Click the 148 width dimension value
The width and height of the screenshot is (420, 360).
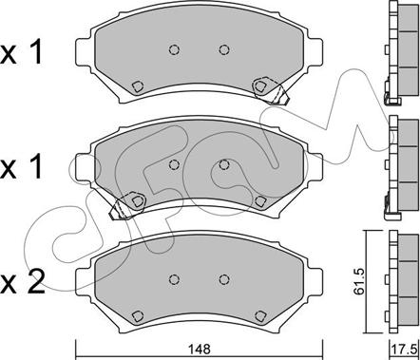200,350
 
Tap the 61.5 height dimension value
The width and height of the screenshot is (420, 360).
359,282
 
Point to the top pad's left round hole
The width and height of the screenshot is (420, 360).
174,49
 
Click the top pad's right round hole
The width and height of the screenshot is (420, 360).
224,49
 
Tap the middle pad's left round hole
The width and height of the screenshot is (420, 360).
174,164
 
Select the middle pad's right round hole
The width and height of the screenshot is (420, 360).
224,164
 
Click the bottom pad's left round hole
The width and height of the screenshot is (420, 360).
174,279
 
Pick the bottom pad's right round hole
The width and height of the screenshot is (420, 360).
224,279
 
